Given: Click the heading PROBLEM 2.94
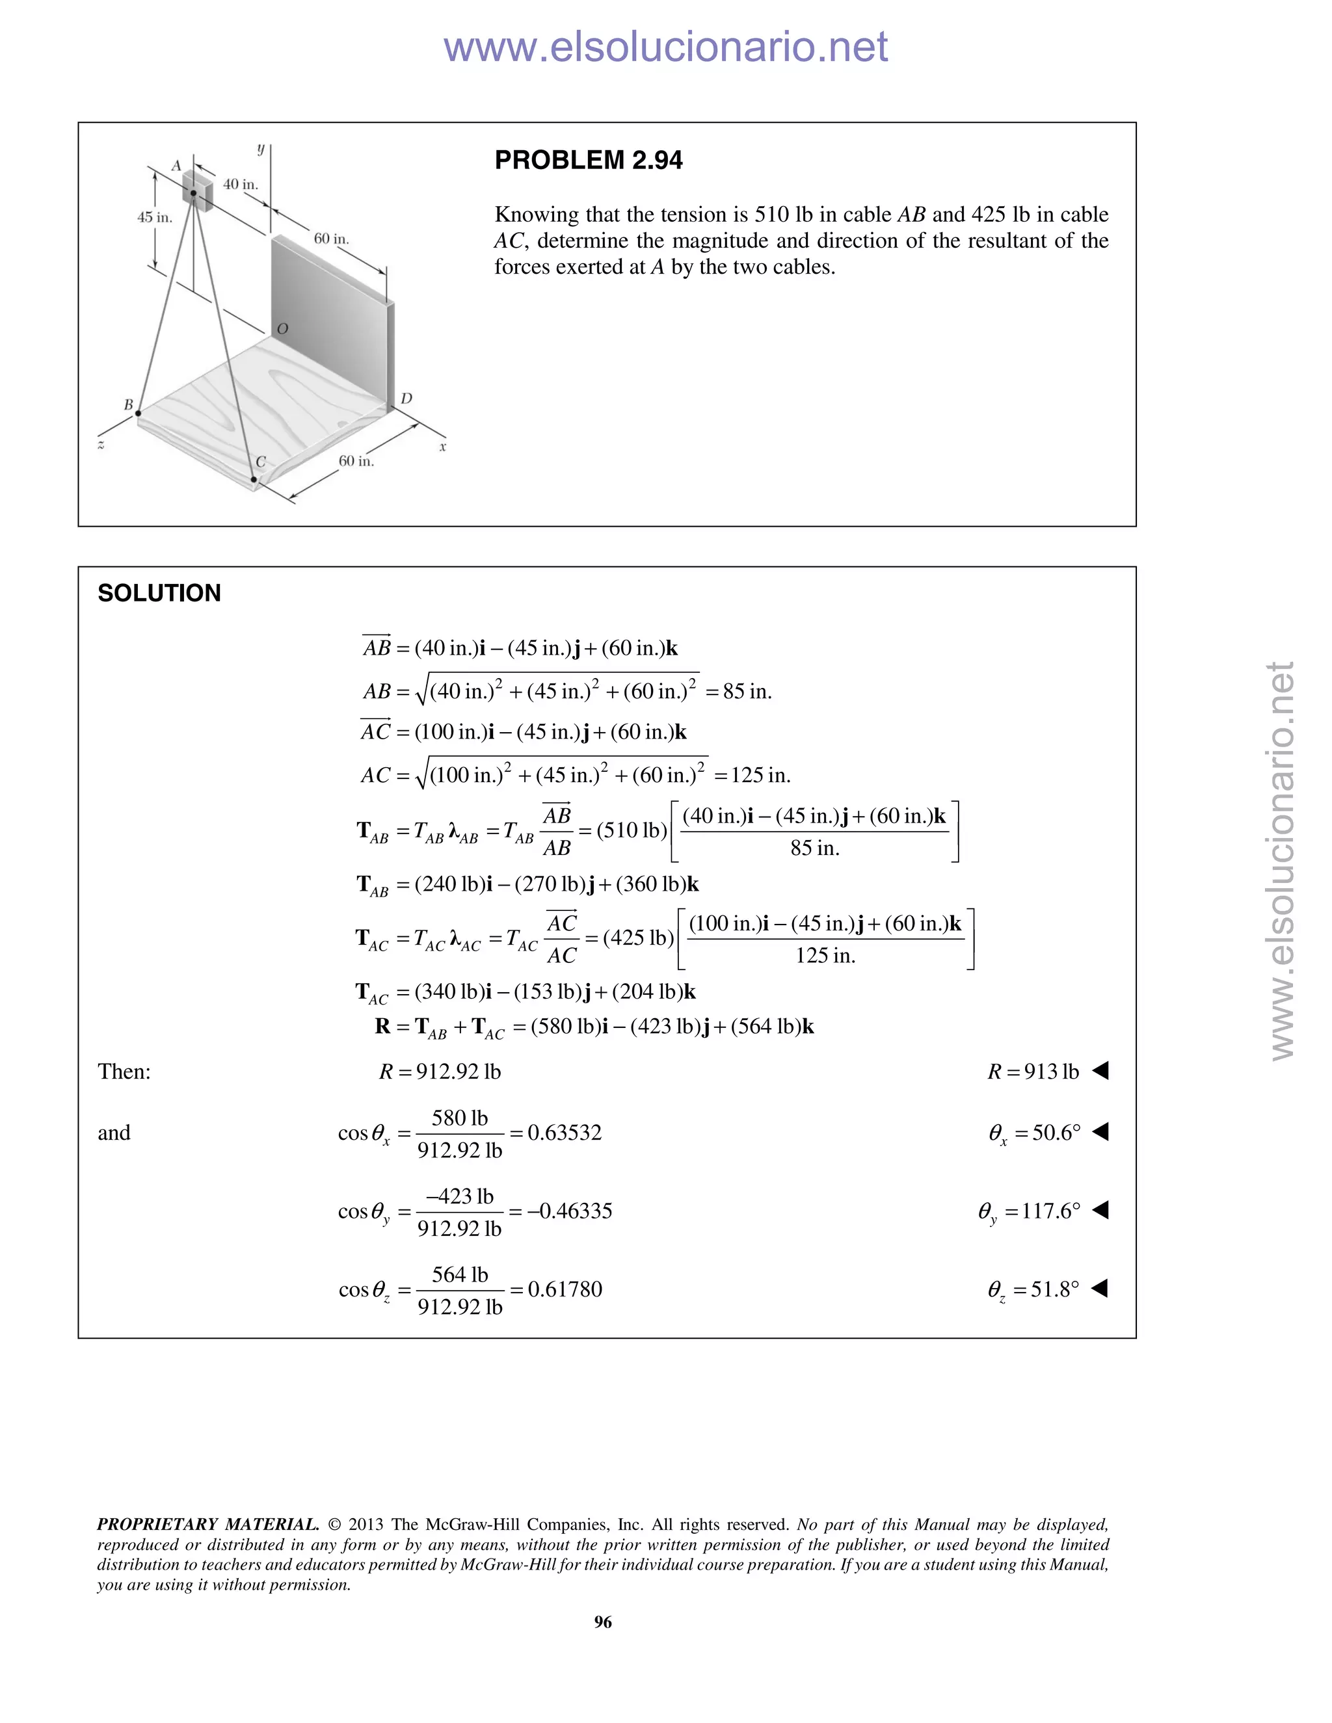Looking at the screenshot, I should [x=588, y=160].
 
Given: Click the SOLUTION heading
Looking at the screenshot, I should [x=159, y=593].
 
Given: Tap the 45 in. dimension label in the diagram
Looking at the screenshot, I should [x=155, y=217].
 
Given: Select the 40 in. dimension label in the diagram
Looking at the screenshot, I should [x=241, y=184].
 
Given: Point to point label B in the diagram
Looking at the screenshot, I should [x=129, y=404].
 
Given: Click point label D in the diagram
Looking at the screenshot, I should [x=406, y=399].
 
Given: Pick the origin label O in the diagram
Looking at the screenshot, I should [x=282, y=328].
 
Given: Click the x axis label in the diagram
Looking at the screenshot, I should [x=443, y=447].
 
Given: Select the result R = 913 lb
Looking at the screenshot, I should [x=1033, y=1072].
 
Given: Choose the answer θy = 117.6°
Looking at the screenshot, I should [x=1029, y=1211].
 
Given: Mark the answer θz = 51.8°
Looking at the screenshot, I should [x=1033, y=1289].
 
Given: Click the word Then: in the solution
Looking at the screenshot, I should [x=124, y=1072].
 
